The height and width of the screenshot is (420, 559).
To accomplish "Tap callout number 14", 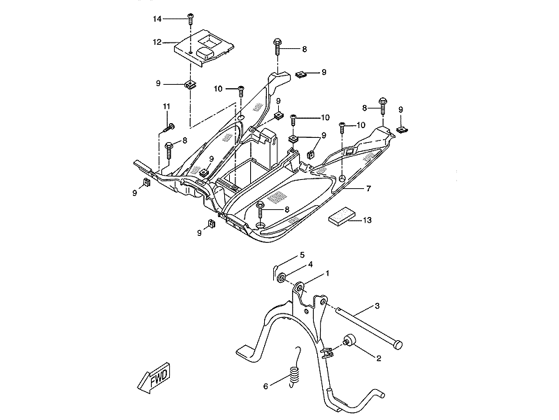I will (x=157, y=17).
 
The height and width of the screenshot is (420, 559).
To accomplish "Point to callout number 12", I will (x=157, y=43).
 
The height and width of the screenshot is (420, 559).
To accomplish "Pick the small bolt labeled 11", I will (x=167, y=128).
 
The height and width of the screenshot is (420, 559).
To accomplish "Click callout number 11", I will (x=167, y=106).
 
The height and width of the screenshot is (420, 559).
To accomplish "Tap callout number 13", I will (x=368, y=220).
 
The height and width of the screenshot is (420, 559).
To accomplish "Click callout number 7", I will (x=368, y=189).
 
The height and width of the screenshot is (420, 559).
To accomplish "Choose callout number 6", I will (x=266, y=385).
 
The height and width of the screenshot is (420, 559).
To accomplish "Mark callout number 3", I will (x=377, y=307).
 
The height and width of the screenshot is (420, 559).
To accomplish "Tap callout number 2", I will (x=378, y=358).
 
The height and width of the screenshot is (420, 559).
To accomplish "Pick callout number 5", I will (x=302, y=255).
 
